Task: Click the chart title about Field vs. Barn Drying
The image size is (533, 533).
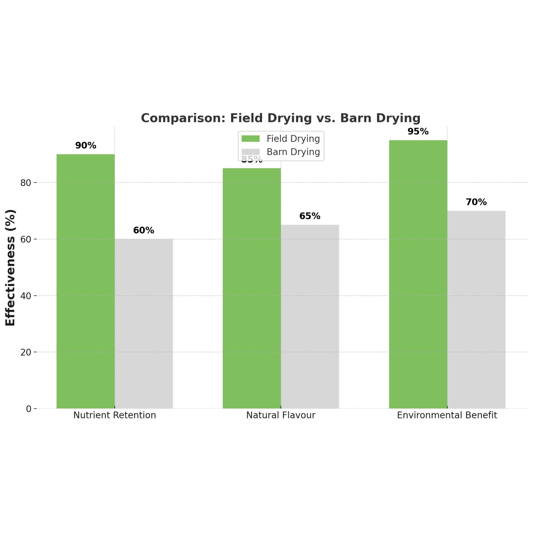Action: pos(281,118)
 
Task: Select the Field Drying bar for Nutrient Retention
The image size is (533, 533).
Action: pos(86,281)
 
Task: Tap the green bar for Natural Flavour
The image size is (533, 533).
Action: pos(252,288)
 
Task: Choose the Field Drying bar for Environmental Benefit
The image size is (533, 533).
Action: pos(418,274)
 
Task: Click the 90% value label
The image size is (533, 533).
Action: pos(86,146)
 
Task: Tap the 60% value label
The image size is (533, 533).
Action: pos(144,230)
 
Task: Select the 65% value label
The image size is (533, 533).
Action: pos(310,216)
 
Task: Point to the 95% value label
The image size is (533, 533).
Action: pos(418,132)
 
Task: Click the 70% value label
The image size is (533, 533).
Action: pos(476,202)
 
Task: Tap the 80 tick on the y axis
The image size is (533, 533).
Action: pos(25,183)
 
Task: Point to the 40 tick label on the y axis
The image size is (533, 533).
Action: pos(25,296)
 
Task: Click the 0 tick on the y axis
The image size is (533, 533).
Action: pos(29,409)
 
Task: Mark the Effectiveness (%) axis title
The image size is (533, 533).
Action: pos(10,268)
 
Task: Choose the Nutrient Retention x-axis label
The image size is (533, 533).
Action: pos(115,415)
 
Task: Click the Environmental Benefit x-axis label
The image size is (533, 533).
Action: pos(447,415)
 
